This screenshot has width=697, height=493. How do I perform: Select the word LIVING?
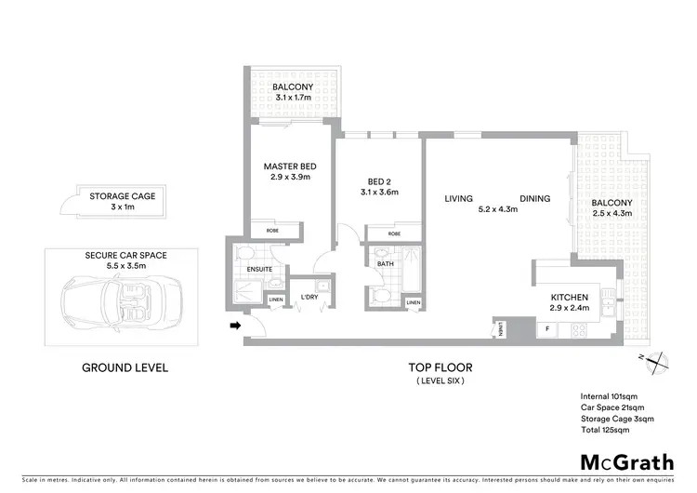(x=459, y=198)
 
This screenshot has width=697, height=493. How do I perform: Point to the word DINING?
(x=535, y=198)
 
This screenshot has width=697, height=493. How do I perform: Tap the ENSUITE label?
(x=260, y=270)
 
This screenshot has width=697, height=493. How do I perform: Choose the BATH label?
(x=386, y=264)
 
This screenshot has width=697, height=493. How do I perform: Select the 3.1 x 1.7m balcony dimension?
(x=293, y=97)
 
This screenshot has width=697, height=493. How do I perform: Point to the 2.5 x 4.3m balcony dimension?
(x=612, y=213)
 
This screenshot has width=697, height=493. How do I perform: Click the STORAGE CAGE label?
(x=122, y=196)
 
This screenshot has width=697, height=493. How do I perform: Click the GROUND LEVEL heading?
(x=125, y=367)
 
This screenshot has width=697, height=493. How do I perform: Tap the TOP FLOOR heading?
(x=441, y=367)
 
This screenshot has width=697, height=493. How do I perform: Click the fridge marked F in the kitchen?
(x=547, y=328)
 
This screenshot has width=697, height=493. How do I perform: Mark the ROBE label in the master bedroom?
(x=272, y=229)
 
